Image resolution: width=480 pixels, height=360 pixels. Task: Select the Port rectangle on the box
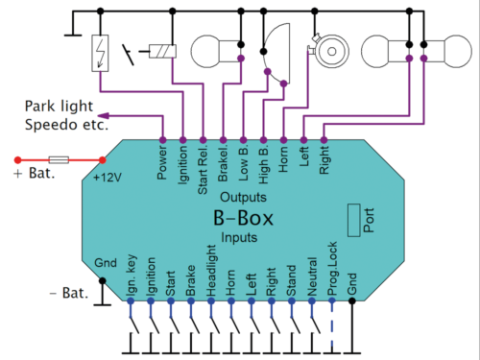pyautogui.click(x=354, y=220)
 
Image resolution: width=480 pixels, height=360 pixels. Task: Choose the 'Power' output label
pyautogui.click(x=162, y=161)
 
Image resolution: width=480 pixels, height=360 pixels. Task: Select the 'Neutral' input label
pyautogui.click(x=312, y=274)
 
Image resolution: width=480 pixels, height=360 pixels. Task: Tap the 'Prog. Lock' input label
pyautogui.click(x=332, y=268)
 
